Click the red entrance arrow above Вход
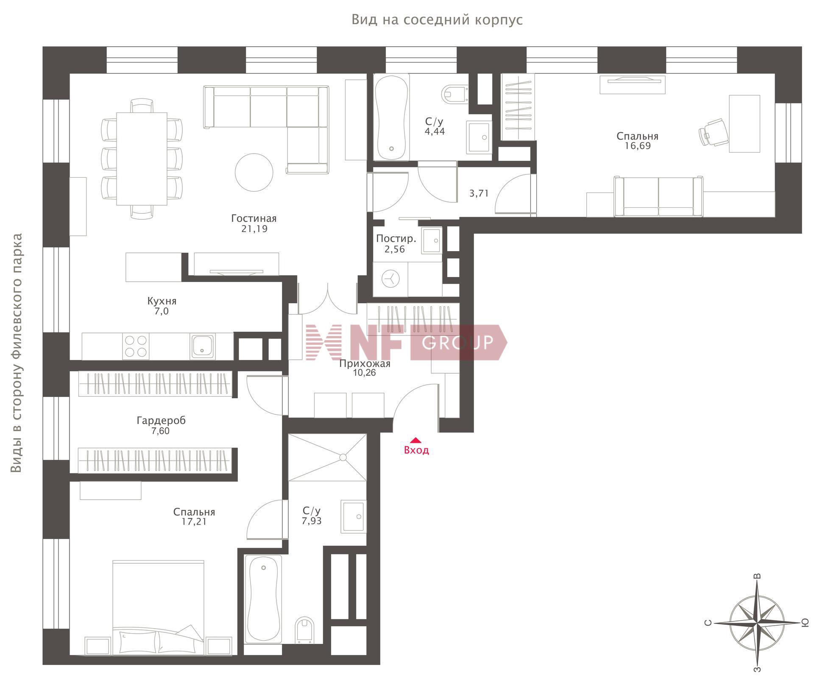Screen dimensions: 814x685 (416, 440)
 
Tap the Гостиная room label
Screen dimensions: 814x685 (254, 218)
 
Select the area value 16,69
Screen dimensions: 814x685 (638, 146)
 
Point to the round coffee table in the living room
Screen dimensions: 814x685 (254, 172)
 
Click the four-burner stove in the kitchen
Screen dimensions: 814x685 (136, 346)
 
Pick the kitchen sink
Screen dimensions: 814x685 (202, 346)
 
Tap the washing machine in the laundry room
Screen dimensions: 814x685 (390, 279)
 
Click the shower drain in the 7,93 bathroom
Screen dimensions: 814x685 (343, 457)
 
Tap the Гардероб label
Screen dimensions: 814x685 (161, 421)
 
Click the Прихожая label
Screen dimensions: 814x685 (365, 364)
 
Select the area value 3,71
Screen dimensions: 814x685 (479, 193)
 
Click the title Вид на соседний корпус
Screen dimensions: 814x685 (437, 20)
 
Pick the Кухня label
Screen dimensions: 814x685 (162, 301)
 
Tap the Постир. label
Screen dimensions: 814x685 (396, 239)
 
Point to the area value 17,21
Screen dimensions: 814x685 (194, 522)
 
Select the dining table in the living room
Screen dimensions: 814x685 (142, 159)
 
